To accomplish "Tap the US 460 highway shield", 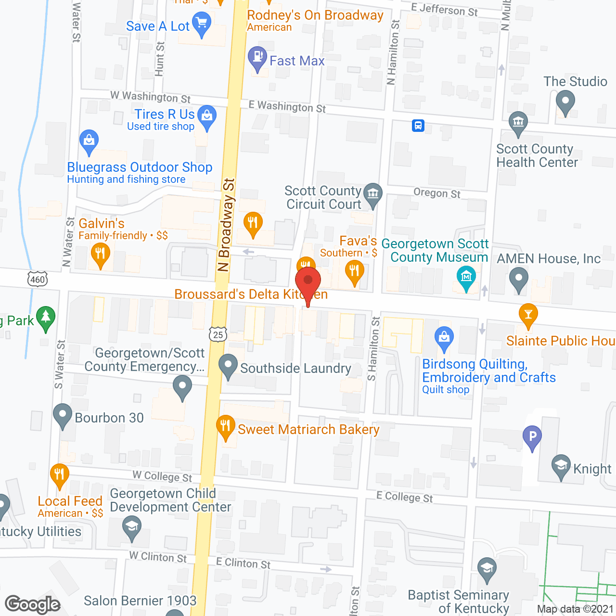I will click(x=38, y=279).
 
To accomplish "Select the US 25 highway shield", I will click(x=218, y=334).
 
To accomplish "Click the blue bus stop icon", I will click(x=418, y=126).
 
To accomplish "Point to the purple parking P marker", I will click(x=532, y=436).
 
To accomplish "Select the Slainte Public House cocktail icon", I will click(x=528, y=314).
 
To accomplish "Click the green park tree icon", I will click(x=46, y=317).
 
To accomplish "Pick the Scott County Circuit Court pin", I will click(x=373, y=194).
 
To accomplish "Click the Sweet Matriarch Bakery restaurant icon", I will click(x=225, y=426).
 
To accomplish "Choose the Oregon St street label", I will click(x=437, y=193).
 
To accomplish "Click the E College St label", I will click(x=404, y=497).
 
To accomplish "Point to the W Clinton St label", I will click(x=158, y=557).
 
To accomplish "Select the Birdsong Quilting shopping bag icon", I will click(x=444, y=337).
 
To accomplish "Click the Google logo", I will click(x=33, y=604).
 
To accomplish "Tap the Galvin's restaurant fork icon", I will click(x=100, y=253).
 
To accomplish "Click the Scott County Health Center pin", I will click(x=518, y=122).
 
